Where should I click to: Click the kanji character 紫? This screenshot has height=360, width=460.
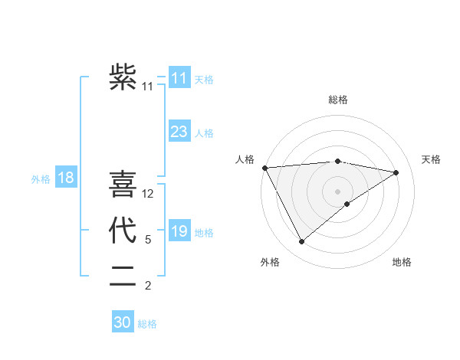pos(123,77)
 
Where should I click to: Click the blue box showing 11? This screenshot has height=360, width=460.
pos(179,77)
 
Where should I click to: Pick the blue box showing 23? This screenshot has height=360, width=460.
pos(179,132)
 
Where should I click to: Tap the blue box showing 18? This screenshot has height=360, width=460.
pos(66,178)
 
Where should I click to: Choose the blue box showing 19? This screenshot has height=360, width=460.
pos(179,231)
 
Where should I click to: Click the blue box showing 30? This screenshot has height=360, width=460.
pos(123,322)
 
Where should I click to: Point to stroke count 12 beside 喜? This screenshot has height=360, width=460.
pos(149,194)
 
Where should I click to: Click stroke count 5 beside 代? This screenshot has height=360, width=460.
pos(148,240)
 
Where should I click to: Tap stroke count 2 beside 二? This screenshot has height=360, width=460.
pos(148,286)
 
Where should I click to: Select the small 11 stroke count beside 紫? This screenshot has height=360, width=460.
pos(148,87)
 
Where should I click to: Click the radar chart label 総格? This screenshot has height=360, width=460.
pos(338,100)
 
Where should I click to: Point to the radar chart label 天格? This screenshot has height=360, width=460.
pos(432,159)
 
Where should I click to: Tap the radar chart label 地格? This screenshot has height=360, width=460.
pos(402,262)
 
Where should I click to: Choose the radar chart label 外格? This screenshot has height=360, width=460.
pos(270,262)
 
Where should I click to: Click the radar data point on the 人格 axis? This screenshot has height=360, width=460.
pos(264,168)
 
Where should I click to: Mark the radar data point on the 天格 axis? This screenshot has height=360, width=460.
pos(396,172)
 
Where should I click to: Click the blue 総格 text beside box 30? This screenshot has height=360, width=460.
pos(147,324)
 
